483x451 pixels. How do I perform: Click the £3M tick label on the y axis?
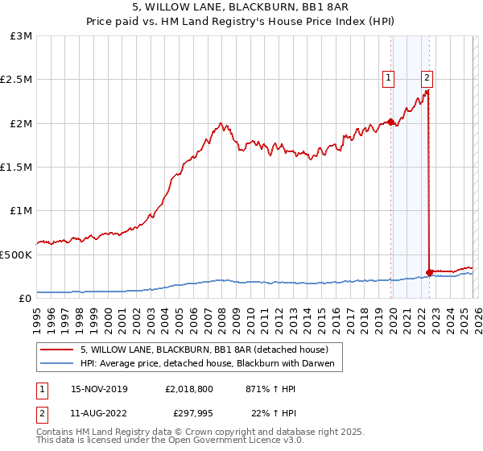click(21, 36)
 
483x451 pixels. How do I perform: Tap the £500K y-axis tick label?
click(16, 254)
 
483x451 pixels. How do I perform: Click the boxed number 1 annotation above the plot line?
click(388, 77)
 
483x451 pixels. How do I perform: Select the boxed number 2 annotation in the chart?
click(426, 77)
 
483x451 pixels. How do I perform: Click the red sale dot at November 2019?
click(390, 122)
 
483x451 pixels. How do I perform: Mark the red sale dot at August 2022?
click(429, 272)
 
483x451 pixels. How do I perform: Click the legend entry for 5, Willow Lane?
click(204, 350)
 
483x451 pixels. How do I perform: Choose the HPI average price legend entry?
click(212, 364)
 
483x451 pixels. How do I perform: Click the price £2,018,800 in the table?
click(190, 388)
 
